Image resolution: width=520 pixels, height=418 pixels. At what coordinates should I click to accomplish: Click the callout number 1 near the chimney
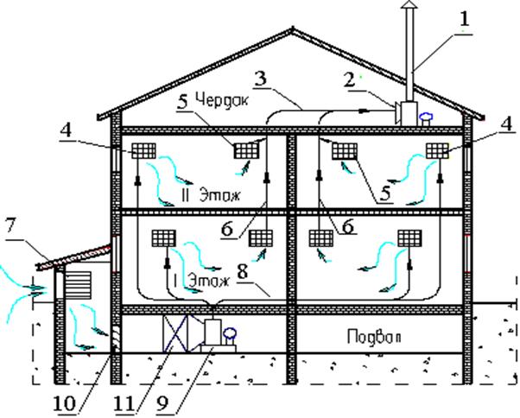pos(464,19)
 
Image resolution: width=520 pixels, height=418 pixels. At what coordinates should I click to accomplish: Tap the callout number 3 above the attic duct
pos(263,79)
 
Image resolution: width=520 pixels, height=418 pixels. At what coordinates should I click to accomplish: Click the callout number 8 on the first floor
pos(242,273)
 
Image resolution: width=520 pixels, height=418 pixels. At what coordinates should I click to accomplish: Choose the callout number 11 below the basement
pos(124,403)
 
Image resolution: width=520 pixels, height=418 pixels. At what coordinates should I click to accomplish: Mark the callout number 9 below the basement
pos(162,403)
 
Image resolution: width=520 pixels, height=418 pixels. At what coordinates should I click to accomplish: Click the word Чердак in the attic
pos(221,98)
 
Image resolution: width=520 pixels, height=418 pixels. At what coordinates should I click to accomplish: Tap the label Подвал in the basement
pos(374,337)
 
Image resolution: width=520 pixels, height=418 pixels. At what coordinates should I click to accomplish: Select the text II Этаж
pos(210,194)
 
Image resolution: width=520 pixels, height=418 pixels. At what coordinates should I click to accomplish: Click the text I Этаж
pos(201,281)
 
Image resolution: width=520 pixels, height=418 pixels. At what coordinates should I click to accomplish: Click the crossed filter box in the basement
pos(175,333)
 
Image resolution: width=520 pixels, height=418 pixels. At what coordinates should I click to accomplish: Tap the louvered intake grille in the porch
pos(78,285)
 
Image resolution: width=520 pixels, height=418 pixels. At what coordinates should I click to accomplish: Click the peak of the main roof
pos(293,28)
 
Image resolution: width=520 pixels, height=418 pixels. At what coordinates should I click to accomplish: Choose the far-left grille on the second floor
pos(144,151)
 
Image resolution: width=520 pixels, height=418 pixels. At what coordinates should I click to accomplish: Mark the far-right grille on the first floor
pos(410,238)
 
